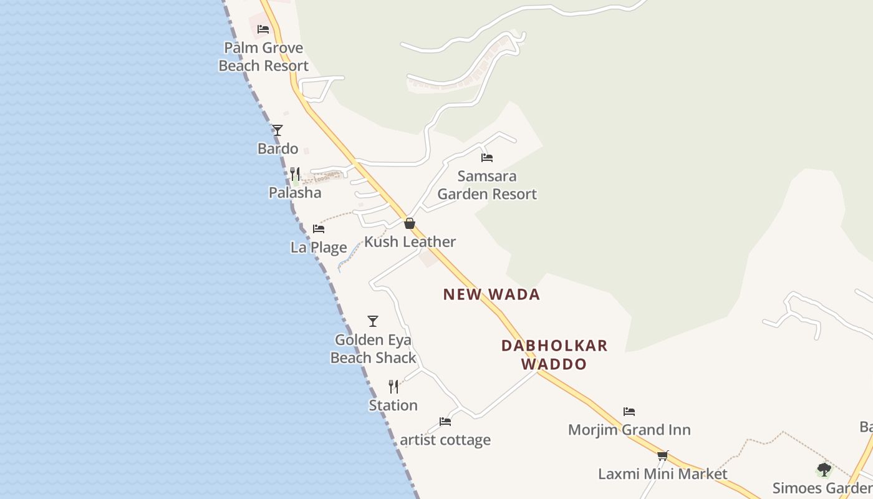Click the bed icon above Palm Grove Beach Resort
(263, 29)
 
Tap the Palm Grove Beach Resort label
(264, 57)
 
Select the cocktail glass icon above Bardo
(277, 130)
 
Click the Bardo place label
(278, 148)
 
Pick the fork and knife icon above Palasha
(295, 174)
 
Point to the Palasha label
(295, 193)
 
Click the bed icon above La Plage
(319, 229)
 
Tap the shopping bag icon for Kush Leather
(410, 223)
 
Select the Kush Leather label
(410, 242)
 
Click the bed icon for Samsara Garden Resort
(487, 158)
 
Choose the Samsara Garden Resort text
(487, 185)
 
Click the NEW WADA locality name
(491, 294)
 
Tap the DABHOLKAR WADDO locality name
(554, 354)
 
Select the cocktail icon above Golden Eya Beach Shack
(373, 321)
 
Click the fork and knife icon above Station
(393, 387)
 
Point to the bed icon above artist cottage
(445, 422)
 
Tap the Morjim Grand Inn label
(629, 430)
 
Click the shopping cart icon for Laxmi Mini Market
(663, 456)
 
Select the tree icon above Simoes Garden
(824, 470)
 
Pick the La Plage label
(319, 248)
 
